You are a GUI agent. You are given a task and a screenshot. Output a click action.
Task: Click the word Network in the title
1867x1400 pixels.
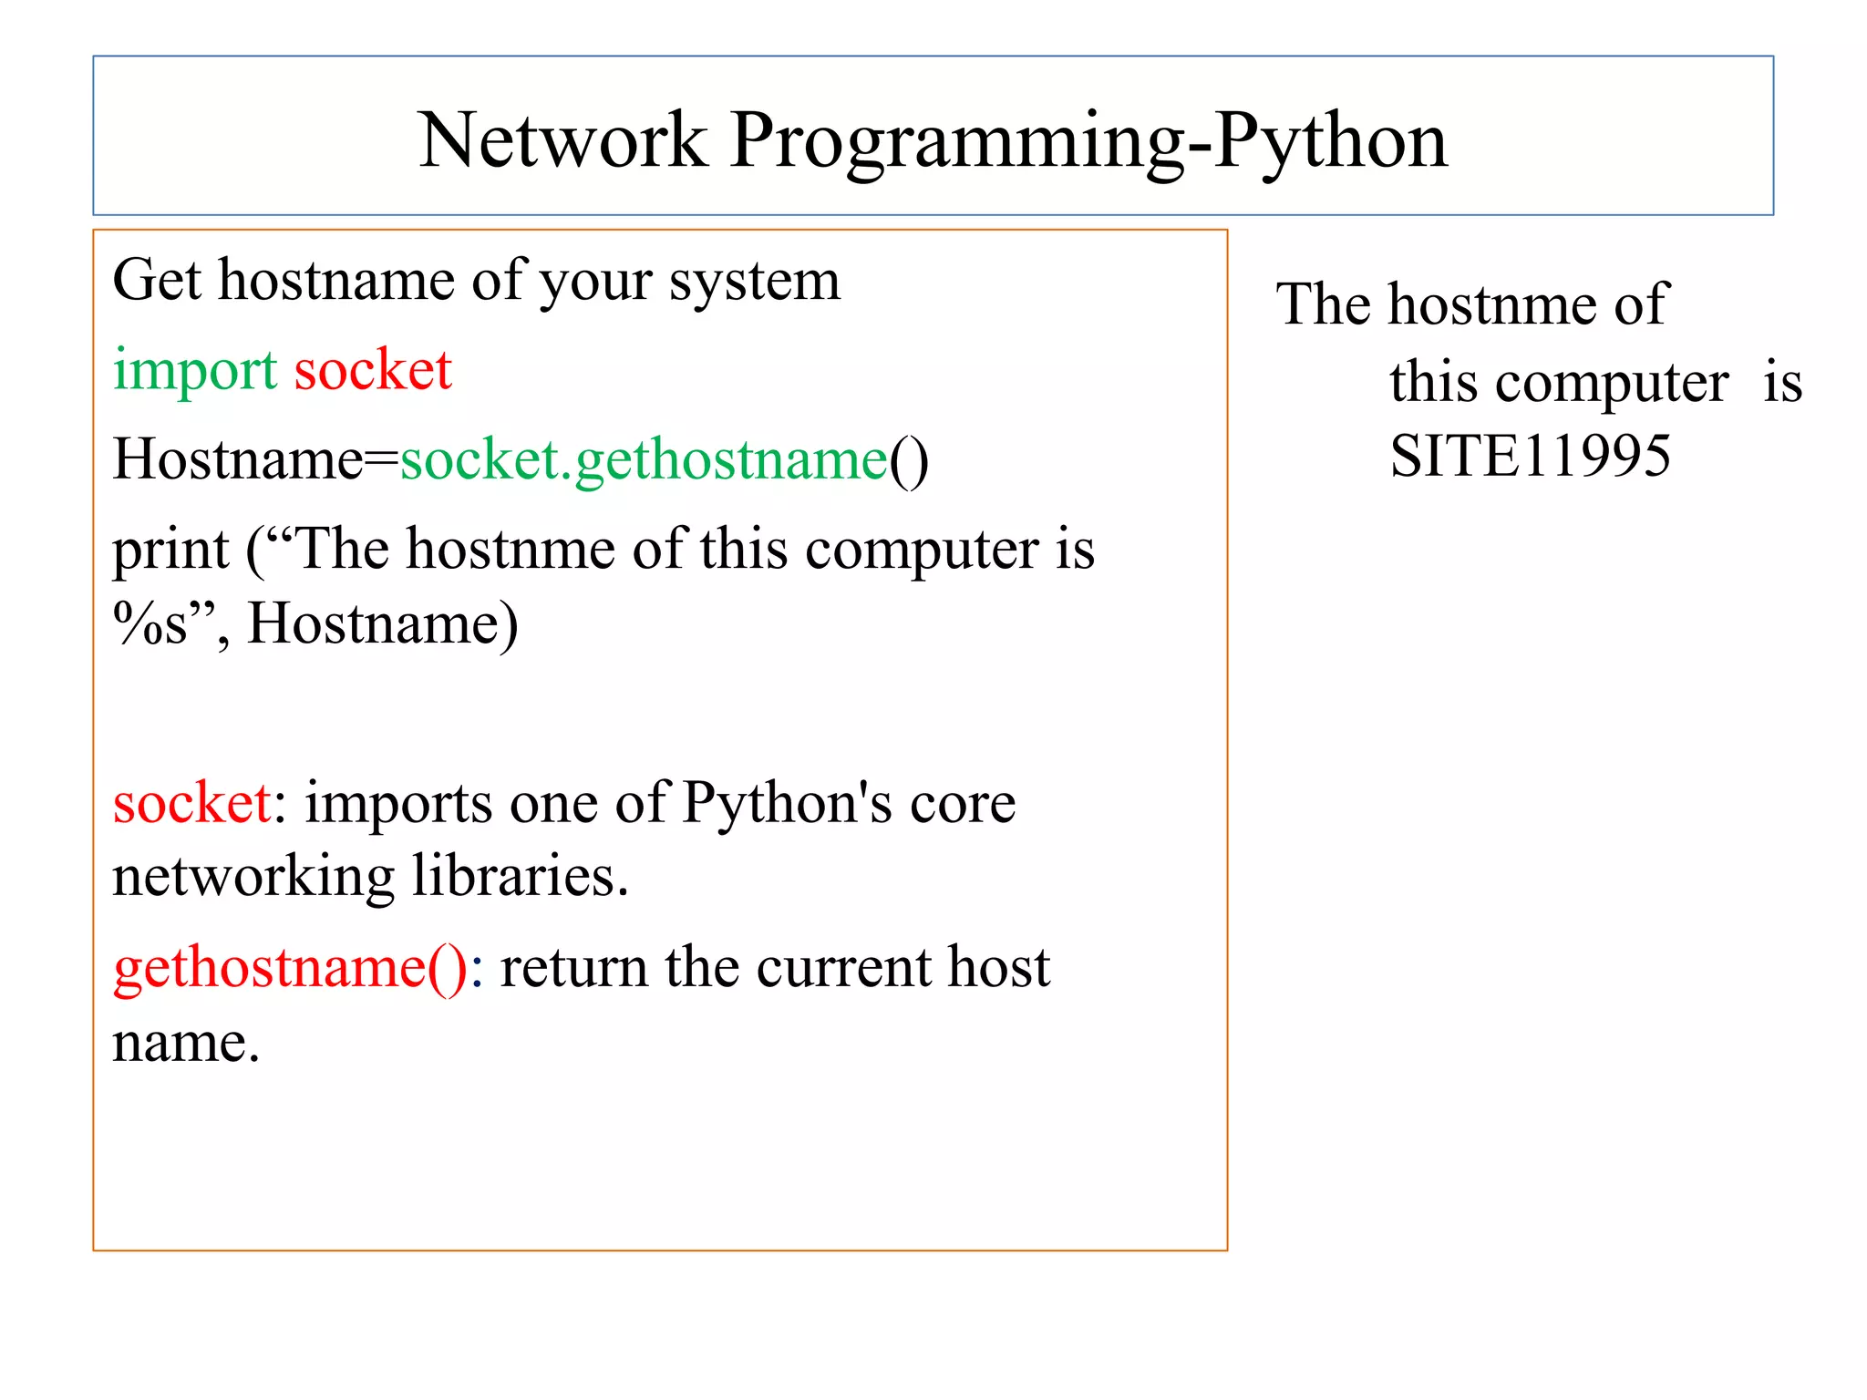[x=562, y=141]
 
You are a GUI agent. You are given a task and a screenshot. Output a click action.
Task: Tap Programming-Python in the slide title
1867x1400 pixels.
[x=1088, y=141]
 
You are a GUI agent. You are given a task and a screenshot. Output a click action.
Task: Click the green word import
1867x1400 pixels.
[x=194, y=371]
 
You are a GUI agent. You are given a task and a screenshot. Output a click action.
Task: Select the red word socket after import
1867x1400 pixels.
[x=373, y=371]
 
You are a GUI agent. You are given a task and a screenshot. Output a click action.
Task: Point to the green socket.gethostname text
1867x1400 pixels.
[x=644, y=459]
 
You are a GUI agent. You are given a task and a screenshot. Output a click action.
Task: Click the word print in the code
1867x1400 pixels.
[x=170, y=551]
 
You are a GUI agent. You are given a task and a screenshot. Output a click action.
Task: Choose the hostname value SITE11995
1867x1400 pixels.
[x=1530, y=456]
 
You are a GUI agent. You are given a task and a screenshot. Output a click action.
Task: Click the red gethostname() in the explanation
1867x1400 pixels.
[x=290, y=967]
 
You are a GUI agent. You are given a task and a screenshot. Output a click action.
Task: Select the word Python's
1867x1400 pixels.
[x=788, y=804]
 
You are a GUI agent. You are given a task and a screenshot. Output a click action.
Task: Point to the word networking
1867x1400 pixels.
[x=253, y=877]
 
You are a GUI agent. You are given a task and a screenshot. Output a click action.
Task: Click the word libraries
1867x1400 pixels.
[x=520, y=877]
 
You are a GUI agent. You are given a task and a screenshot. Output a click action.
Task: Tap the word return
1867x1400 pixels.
[x=572, y=967]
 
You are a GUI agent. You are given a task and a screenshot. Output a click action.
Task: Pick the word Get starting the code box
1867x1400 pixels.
[x=156, y=281]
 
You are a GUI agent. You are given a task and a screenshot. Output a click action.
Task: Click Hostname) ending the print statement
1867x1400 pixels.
[x=383, y=625]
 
